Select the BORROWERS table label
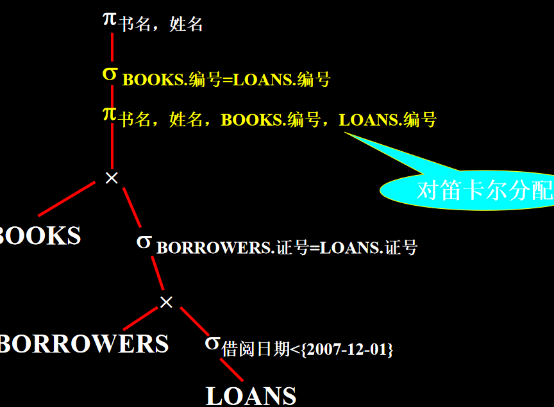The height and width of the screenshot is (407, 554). click(84, 344)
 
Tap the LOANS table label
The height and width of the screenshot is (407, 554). click(251, 395)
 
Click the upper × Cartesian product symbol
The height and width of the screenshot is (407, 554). click(112, 178)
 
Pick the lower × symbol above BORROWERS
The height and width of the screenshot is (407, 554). click(166, 302)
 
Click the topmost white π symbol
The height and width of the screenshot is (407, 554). click(110, 18)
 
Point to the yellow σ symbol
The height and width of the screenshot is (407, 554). click(110, 74)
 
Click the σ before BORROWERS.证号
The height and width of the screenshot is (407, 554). click(144, 242)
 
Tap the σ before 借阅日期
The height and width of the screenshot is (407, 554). click(212, 342)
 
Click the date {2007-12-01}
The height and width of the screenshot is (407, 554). click(346, 350)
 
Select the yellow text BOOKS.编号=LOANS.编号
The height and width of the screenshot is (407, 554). click(226, 80)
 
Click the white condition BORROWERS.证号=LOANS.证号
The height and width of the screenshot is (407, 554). click(287, 247)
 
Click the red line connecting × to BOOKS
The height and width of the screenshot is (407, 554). click(67, 198)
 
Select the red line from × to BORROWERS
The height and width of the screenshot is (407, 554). click(140, 319)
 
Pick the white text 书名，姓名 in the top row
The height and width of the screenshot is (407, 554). click(161, 25)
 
